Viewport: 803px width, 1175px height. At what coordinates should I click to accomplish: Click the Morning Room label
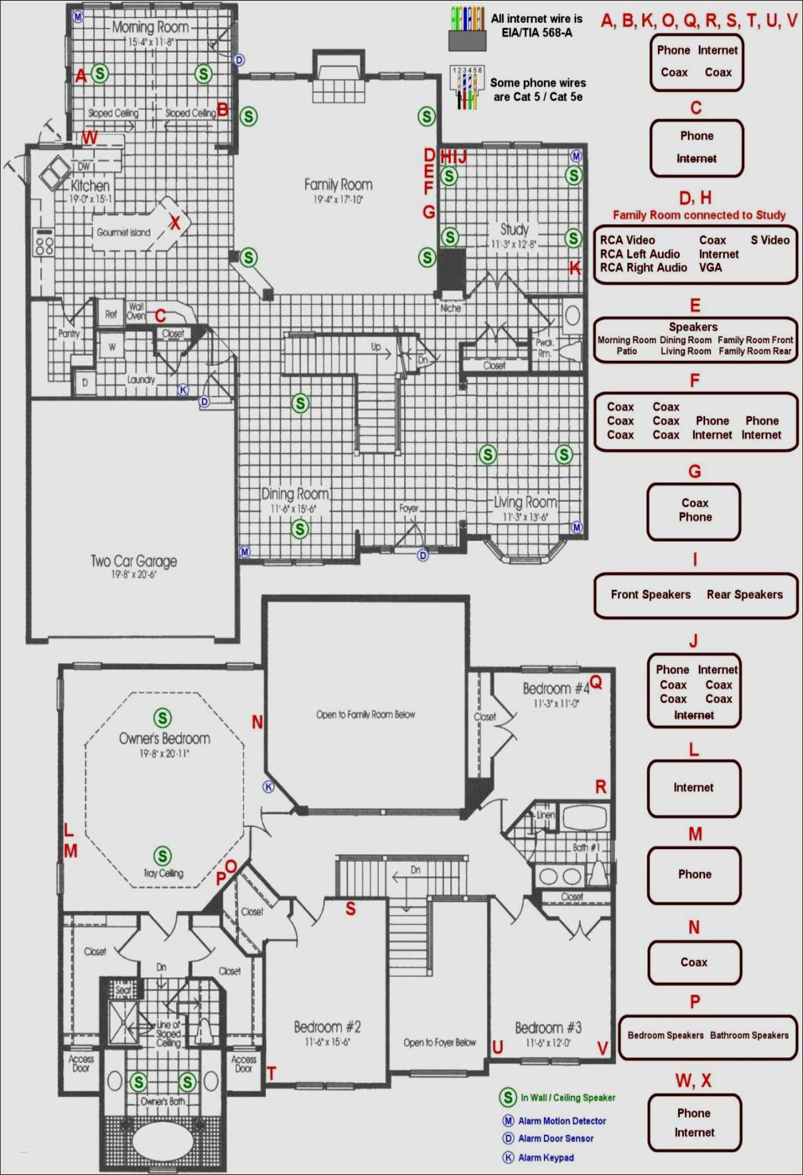tap(151, 28)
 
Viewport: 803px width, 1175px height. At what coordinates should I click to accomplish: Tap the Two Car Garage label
tap(134, 561)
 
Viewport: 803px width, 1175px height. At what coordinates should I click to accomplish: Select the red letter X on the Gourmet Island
tap(175, 222)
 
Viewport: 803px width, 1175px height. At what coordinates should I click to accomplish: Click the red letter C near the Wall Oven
tap(161, 315)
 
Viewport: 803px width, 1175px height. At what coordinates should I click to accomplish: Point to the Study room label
tap(514, 229)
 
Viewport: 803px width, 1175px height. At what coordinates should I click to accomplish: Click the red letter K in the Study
tap(575, 268)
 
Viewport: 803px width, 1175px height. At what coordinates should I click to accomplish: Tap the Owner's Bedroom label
tap(164, 738)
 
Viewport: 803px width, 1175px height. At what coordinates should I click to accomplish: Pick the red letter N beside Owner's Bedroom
tap(257, 722)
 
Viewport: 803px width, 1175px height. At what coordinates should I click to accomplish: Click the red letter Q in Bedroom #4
tap(596, 682)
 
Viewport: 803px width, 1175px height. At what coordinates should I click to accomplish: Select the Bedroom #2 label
tap(327, 1027)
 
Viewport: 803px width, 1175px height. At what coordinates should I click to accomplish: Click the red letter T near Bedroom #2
tap(272, 1073)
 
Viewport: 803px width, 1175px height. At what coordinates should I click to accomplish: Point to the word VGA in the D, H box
tap(710, 267)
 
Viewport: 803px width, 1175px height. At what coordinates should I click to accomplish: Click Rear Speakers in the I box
tap(745, 594)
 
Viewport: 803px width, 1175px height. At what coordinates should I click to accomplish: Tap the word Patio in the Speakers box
tap(626, 351)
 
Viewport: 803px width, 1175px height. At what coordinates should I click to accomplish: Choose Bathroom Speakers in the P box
tap(749, 1035)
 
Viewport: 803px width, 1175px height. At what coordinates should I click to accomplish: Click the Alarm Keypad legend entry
tap(545, 1157)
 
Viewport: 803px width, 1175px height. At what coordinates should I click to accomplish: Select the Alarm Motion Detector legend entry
tap(561, 1120)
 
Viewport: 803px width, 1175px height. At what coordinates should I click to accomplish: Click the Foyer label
tap(408, 508)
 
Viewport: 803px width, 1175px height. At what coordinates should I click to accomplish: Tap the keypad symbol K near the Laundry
tap(183, 390)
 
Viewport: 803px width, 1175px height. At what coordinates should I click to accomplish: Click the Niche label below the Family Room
tap(450, 308)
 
